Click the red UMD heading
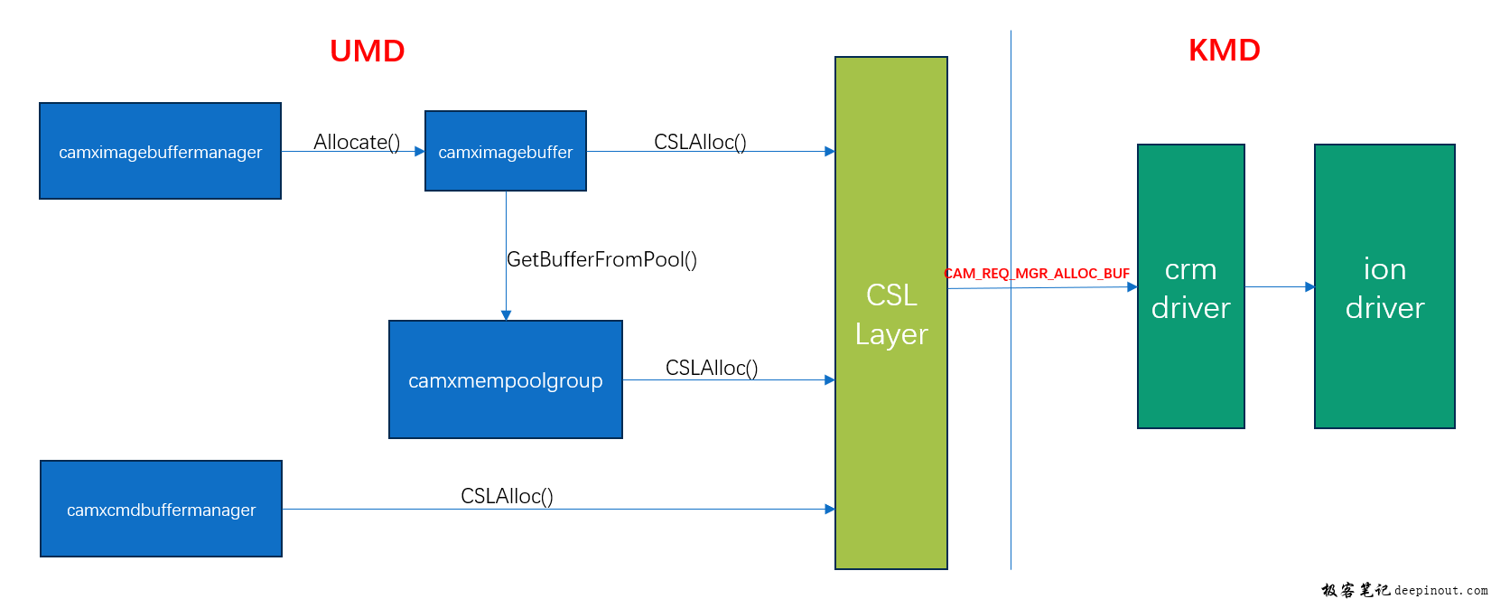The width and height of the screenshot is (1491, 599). pyautogui.click(x=367, y=51)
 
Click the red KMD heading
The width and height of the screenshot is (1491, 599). pyautogui.click(x=1224, y=51)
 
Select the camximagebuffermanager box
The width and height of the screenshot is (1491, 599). pyautogui.click(x=160, y=151)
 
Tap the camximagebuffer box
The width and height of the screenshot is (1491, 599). pyautogui.click(x=505, y=151)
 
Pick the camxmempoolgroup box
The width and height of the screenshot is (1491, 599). pyautogui.click(x=505, y=379)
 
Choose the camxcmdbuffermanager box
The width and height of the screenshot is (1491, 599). pyautogui.click(x=161, y=509)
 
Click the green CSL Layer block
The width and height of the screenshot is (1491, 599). pyautogui.click(x=890, y=314)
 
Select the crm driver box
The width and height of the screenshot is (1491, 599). pyautogui.click(x=1190, y=286)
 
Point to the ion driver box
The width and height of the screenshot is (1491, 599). pyautogui.click(x=1384, y=286)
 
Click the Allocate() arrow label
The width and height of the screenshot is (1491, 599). pyautogui.click(x=357, y=142)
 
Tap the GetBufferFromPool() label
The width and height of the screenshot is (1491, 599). pyautogui.click(x=601, y=259)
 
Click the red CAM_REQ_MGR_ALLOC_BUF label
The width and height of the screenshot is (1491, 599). pyautogui.click(x=1037, y=273)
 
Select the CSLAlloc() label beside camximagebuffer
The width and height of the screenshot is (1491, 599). pyautogui.click(x=700, y=142)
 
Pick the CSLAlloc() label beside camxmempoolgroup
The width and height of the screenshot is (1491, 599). pyautogui.click(x=712, y=368)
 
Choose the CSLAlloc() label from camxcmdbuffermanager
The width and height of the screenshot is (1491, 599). pyautogui.click(x=507, y=496)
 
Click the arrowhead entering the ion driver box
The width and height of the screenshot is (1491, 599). pyautogui.click(x=1309, y=287)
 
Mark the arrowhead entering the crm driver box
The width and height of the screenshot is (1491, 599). pyautogui.click(x=1132, y=287)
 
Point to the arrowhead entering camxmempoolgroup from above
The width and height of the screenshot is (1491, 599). pyautogui.click(x=506, y=315)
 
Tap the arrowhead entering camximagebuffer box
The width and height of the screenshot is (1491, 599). pyautogui.click(x=419, y=152)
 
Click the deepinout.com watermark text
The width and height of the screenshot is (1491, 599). pyautogui.click(x=1440, y=590)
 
